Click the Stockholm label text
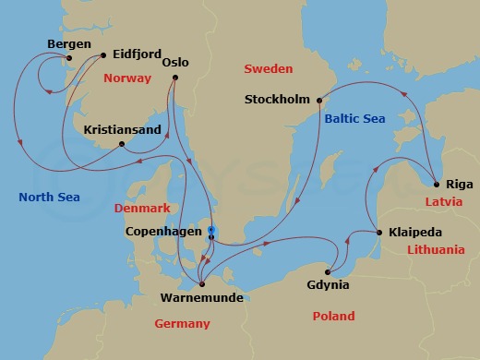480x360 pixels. (278, 100)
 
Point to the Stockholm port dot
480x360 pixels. (318, 100)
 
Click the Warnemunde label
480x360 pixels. (201, 299)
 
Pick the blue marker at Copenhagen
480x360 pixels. (211, 230)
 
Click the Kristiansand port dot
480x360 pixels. (123, 143)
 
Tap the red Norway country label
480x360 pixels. (127, 78)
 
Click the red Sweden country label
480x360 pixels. (267, 69)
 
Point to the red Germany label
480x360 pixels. (182, 324)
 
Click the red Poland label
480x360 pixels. (333, 317)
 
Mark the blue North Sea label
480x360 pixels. (49, 198)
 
